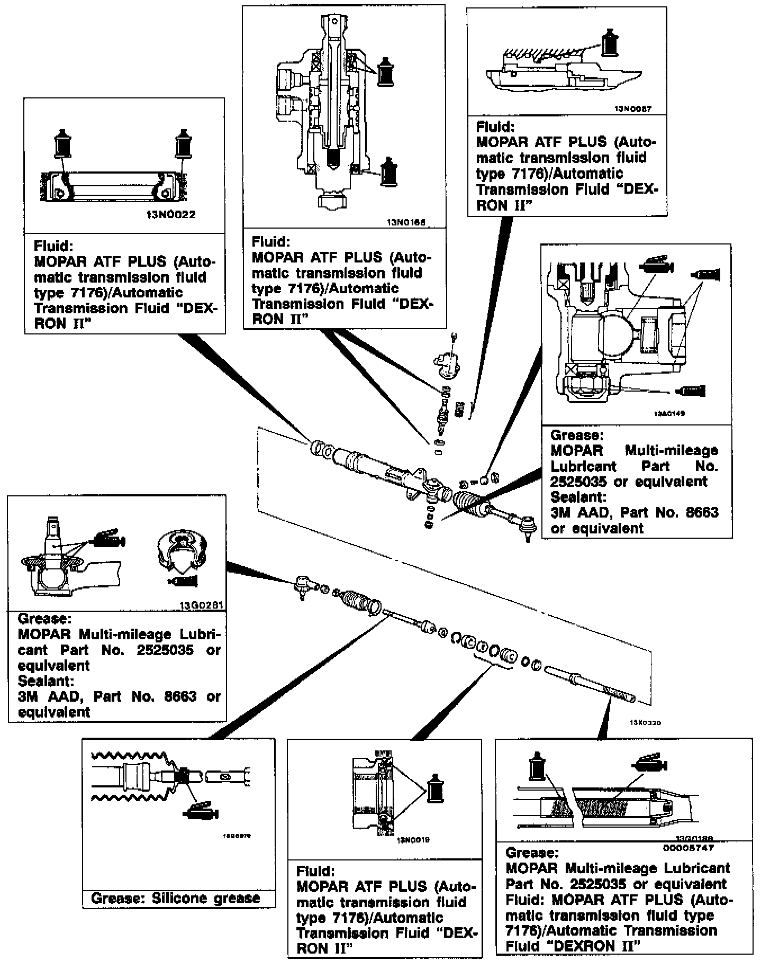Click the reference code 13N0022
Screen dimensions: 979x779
[x=170, y=215]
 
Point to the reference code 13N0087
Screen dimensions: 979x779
[x=632, y=110]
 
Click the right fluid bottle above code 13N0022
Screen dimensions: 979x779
[x=183, y=141]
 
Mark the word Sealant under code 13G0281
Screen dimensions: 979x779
[x=46, y=681]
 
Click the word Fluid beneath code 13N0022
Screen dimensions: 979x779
[x=52, y=246]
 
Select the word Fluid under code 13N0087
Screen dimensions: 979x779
[x=495, y=127]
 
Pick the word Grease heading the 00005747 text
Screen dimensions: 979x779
[x=532, y=853]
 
